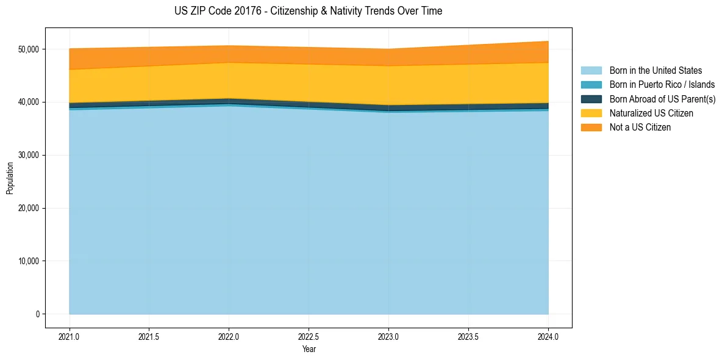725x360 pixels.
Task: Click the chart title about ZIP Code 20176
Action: tap(309, 11)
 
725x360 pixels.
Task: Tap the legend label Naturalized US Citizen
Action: tap(651, 113)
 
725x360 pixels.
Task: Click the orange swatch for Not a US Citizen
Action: tap(591, 128)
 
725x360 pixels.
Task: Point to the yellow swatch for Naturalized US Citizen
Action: tap(591, 113)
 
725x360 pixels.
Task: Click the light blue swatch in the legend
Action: tap(591, 71)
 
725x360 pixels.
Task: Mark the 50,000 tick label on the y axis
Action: tap(28, 49)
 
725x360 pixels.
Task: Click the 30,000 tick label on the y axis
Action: tap(28, 155)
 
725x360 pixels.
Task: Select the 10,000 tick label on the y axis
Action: tap(28, 261)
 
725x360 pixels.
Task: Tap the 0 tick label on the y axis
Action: tap(38, 314)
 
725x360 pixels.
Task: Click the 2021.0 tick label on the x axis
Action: tap(70, 336)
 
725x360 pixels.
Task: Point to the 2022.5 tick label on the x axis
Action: tap(309, 336)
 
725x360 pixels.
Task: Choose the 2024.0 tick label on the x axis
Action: tap(548, 336)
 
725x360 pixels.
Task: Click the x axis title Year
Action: tap(309, 349)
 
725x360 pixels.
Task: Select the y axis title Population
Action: tap(10, 178)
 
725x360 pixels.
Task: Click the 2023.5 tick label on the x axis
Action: tap(468, 336)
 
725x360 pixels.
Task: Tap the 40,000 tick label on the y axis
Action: tap(28, 102)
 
